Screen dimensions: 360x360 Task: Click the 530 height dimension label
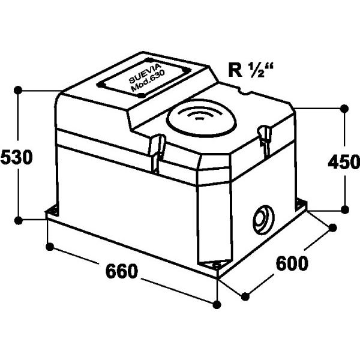pyautogui.click(x=17, y=157)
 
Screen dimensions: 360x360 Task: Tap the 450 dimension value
pyautogui.click(x=344, y=163)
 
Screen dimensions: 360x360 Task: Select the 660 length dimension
pyautogui.click(x=122, y=271)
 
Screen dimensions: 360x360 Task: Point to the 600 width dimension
pyautogui.click(x=292, y=263)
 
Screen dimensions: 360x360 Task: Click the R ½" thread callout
pyautogui.click(x=251, y=70)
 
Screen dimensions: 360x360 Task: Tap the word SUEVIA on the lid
pyautogui.click(x=145, y=73)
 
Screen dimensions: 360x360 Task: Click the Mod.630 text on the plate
pyautogui.click(x=148, y=81)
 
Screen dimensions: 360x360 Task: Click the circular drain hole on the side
pyautogui.click(x=263, y=220)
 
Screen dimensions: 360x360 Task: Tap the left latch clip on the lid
pyautogui.click(x=157, y=154)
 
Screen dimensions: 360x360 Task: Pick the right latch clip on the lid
pyautogui.click(x=264, y=140)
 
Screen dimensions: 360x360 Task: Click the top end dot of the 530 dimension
pyautogui.click(x=18, y=90)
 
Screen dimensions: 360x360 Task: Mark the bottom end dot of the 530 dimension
pyautogui.click(x=18, y=220)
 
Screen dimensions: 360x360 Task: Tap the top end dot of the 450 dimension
pyautogui.click(x=344, y=108)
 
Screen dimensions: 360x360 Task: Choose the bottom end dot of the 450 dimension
pyautogui.click(x=344, y=209)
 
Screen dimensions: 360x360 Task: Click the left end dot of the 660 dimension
pyautogui.click(x=50, y=247)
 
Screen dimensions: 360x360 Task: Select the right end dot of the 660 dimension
pyautogui.click(x=217, y=305)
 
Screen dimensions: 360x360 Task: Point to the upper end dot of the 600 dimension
pyautogui.click(x=332, y=228)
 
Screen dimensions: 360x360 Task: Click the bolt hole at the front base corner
pyautogui.click(x=217, y=265)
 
